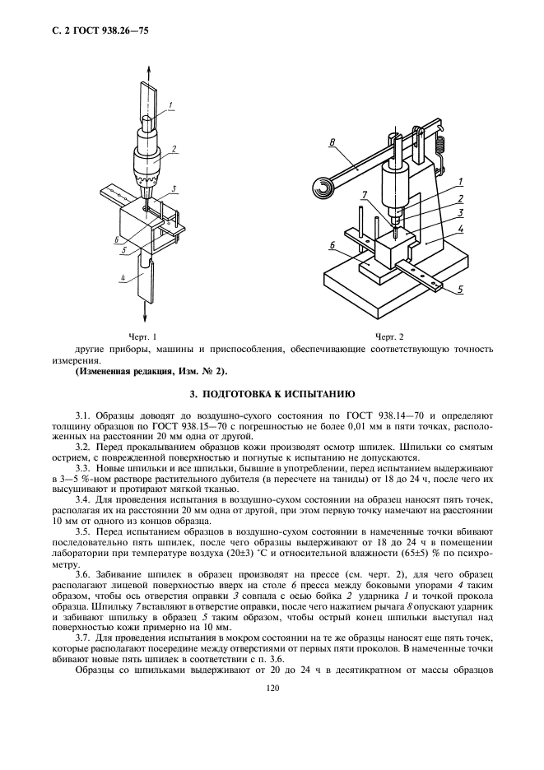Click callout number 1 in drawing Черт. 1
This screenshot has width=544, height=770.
(170, 104)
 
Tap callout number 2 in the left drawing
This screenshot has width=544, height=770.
(175, 150)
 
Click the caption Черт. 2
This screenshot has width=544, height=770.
(389, 336)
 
